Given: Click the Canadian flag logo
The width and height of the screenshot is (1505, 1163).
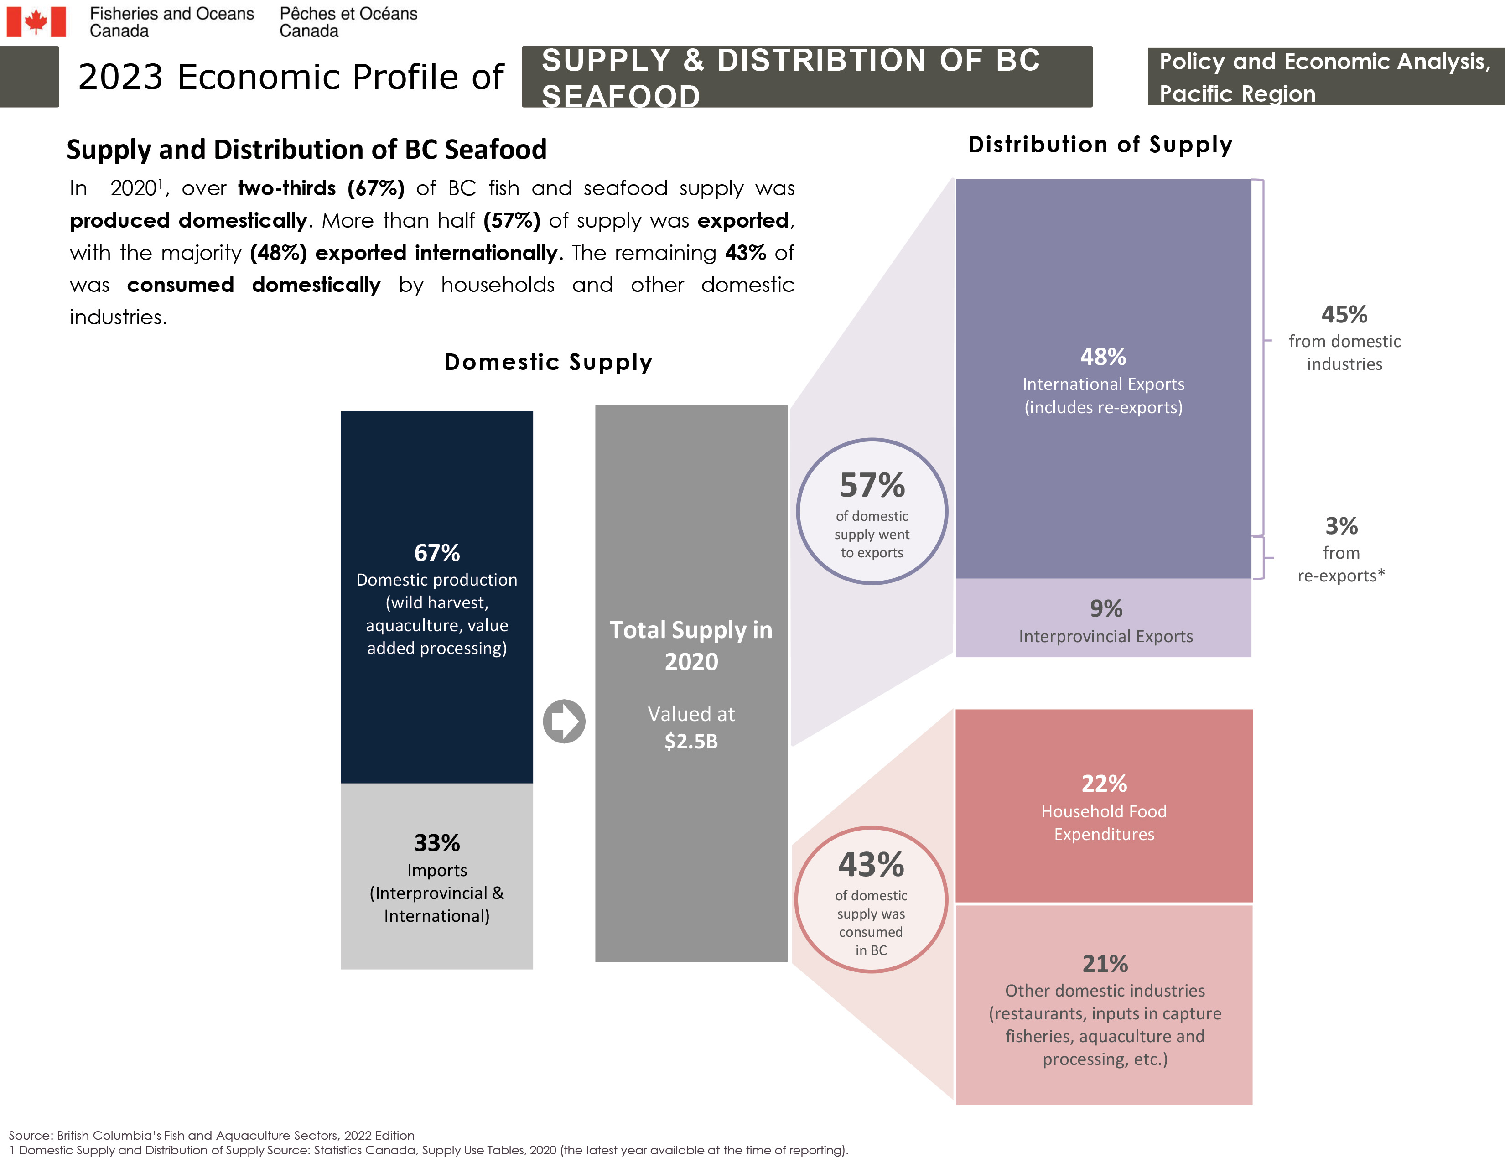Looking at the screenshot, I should click(x=36, y=21).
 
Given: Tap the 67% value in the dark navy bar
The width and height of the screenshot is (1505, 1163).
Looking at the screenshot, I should click(x=437, y=553).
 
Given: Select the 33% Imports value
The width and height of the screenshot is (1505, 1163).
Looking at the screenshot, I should click(x=437, y=843).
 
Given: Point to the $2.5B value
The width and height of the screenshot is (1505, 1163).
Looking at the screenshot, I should click(x=691, y=741).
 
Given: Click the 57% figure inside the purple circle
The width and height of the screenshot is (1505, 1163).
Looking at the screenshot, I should click(x=872, y=486).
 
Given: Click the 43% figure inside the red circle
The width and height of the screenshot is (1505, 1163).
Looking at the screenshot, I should click(x=871, y=865).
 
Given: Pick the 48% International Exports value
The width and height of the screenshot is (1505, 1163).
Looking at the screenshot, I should click(x=1103, y=357).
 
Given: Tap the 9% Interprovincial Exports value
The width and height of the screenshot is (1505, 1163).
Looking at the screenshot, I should click(x=1106, y=608).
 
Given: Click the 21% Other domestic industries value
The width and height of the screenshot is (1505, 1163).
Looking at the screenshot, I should click(x=1105, y=963).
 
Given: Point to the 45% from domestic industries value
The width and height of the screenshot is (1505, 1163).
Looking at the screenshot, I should click(x=1344, y=315).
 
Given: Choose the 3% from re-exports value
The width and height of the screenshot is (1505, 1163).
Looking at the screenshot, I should click(x=1341, y=526).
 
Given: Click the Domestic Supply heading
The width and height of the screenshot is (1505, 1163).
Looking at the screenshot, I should click(x=548, y=362).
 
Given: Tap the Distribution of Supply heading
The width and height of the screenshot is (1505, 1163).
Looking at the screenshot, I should click(x=1100, y=145).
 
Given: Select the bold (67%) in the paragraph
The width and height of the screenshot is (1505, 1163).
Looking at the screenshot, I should click(x=375, y=188).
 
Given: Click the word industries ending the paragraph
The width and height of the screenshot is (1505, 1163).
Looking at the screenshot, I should click(x=118, y=317).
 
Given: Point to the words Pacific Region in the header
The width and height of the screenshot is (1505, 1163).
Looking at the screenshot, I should click(x=1237, y=93).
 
